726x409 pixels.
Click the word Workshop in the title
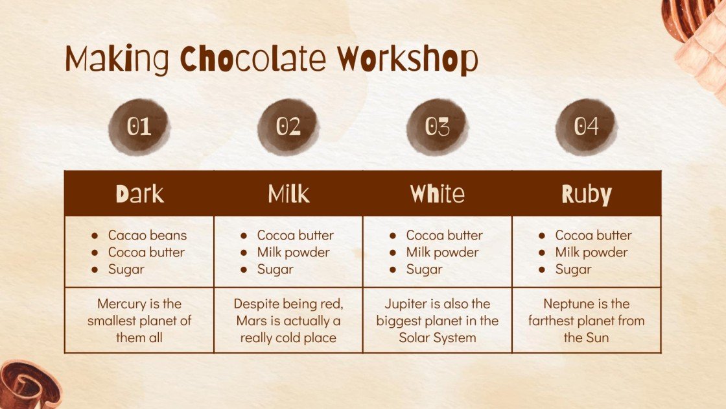(x=407, y=60)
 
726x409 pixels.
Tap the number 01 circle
(x=139, y=127)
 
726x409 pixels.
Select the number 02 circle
(x=288, y=127)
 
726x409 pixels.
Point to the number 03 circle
(x=437, y=127)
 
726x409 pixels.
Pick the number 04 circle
(x=586, y=127)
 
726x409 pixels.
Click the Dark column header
(x=139, y=193)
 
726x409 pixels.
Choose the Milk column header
(x=288, y=193)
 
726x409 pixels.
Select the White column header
(x=437, y=193)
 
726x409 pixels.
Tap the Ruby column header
(x=586, y=193)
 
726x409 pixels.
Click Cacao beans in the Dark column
(x=147, y=235)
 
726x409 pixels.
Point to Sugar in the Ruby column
(x=573, y=269)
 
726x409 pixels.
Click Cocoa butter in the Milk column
(x=295, y=235)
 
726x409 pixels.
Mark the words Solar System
(x=437, y=338)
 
